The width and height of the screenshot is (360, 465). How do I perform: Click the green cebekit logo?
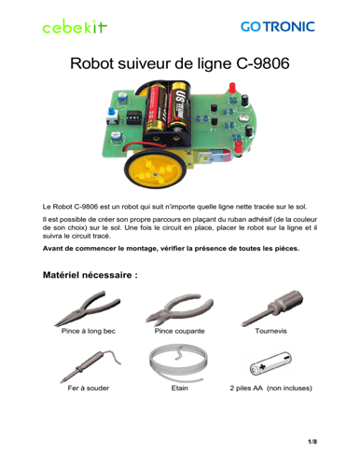[x=75, y=26]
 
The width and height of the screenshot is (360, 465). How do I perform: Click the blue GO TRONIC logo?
[x=278, y=27]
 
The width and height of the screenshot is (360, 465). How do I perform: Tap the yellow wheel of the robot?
[x=155, y=170]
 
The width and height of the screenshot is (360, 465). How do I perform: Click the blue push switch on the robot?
[x=112, y=116]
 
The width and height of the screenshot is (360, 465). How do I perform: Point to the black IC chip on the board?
[x=133, y=117]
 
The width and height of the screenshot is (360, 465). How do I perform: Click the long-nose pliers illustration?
[x=88, y=308]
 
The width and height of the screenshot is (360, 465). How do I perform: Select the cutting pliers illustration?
[x=180, y=309]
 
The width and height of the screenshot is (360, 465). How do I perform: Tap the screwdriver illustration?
[x=272, y=308]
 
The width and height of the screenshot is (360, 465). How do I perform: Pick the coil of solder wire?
[x=178, y=362]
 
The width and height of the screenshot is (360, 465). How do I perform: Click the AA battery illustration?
[x=270, y=363]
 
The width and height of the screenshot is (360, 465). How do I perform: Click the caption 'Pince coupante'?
[x=180, y=331]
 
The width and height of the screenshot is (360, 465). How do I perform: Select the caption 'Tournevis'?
[x=270, y=331]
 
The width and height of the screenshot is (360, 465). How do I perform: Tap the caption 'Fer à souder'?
[x=89, y=389]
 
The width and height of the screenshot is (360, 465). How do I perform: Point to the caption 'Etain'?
[x=179, y=389]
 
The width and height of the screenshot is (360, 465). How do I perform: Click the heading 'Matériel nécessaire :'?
[x=90, y=275]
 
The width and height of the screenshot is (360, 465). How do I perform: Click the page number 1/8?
[x=312, y=442]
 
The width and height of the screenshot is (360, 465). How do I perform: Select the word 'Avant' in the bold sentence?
[x=52, y=249]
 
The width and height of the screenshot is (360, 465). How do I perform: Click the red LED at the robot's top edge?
[x=232, y=88]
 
